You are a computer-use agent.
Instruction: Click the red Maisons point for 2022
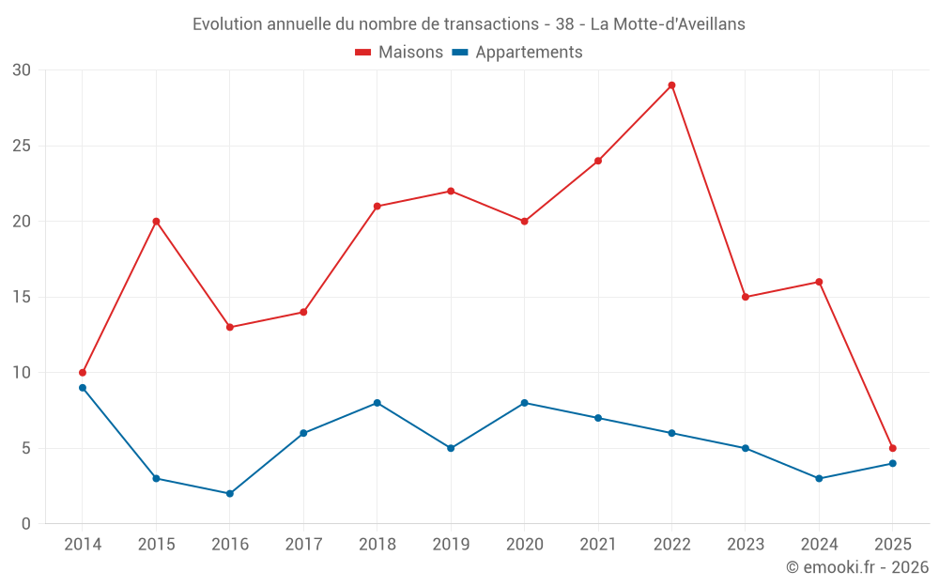point(671,85)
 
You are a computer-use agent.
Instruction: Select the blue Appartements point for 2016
point(230,493)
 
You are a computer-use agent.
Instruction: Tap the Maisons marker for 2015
point(156,222)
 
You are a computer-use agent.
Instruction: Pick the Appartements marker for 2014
point(83,388)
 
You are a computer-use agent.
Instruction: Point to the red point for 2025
point(892,448)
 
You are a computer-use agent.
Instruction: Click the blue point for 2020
point(525,403)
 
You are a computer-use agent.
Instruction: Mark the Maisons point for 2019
point(451,192)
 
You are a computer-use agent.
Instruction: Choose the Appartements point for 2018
point(377,403)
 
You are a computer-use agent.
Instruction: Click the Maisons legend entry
point(399,53)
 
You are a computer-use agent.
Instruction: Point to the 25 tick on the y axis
point(22,146)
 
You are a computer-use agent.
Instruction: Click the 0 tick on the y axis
point(26,523)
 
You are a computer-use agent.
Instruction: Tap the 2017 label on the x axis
point(303,545)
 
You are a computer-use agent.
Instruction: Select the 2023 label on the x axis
point(745,545)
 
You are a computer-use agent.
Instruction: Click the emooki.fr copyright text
point(856,567)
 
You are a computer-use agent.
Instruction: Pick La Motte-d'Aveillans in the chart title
point(668,24)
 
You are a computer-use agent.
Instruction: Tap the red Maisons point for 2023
point(745,297)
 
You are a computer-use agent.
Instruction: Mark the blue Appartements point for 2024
point(819,478)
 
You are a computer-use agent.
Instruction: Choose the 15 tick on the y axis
point(22,297)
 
